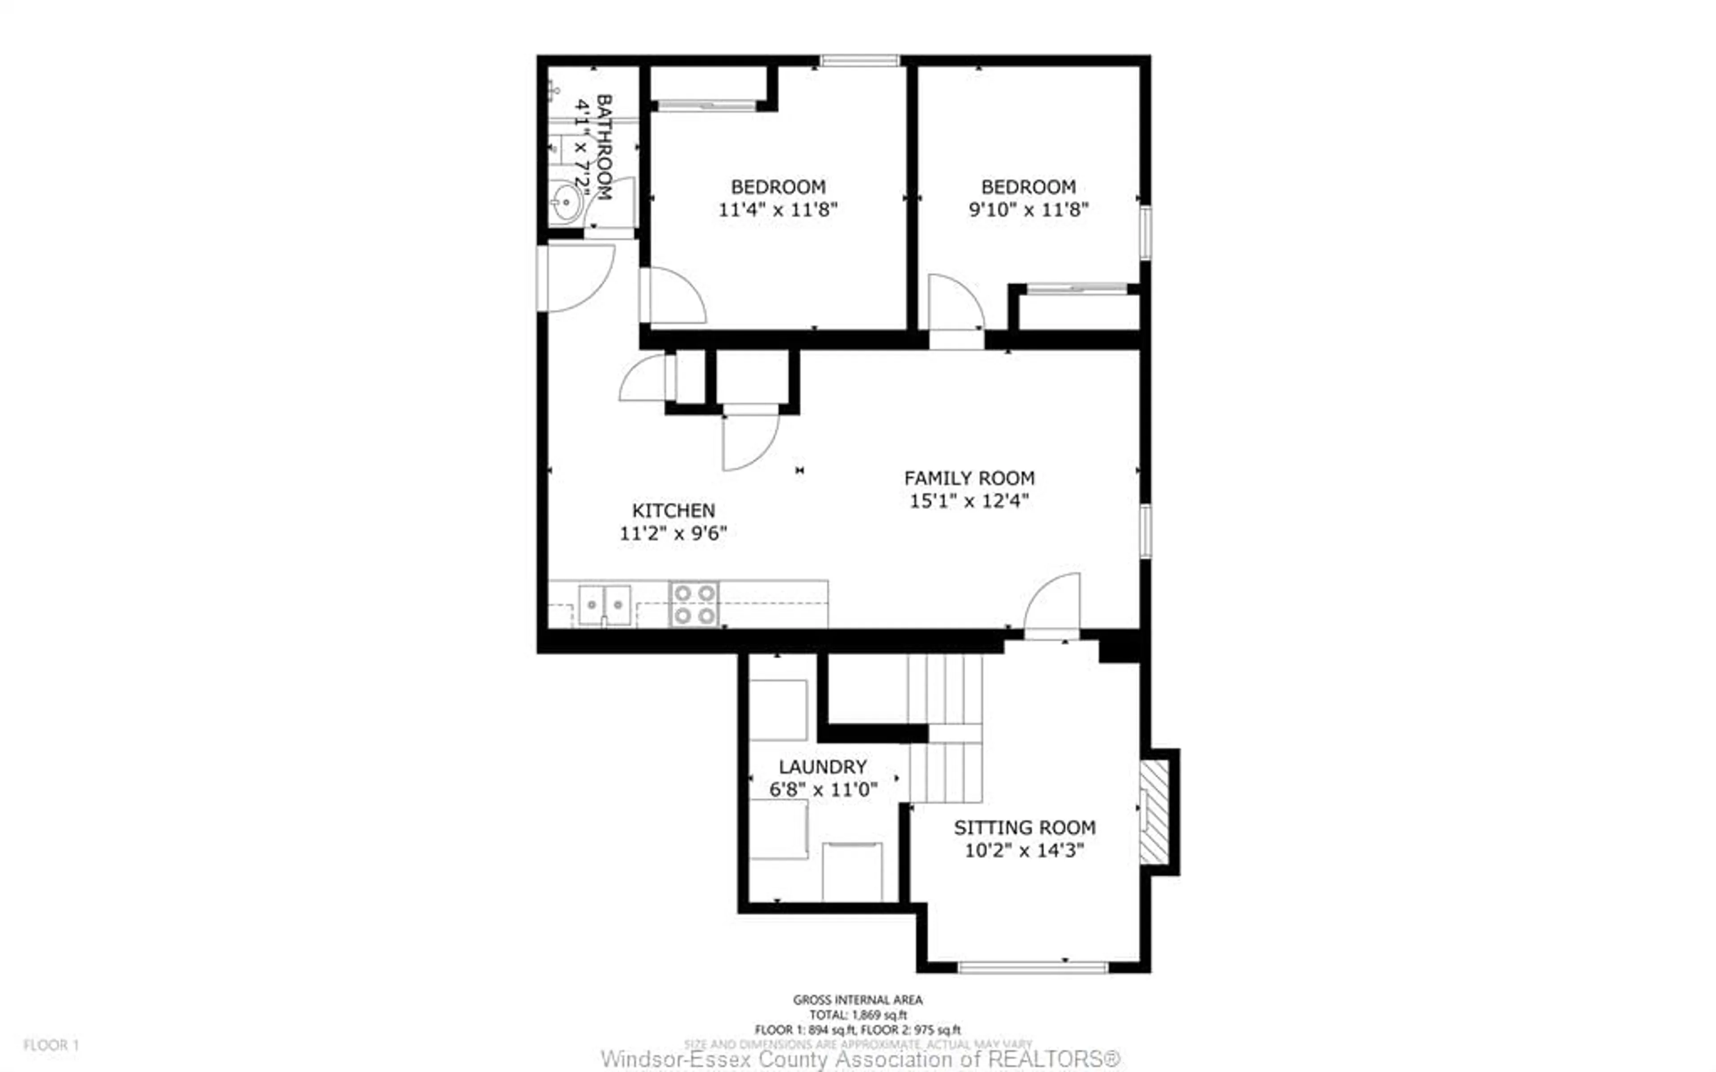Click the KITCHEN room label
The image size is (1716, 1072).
coord(673,510)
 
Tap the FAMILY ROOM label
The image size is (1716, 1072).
coord(968,478)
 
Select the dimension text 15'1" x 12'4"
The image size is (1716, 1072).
coord(968,500)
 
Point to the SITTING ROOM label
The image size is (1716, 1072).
coord(1024,828)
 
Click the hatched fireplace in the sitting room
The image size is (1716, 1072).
coord(1153,812)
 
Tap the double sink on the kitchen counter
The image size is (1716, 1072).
coord(604,605)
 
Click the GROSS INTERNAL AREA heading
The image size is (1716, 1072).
coord(858,1000)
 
